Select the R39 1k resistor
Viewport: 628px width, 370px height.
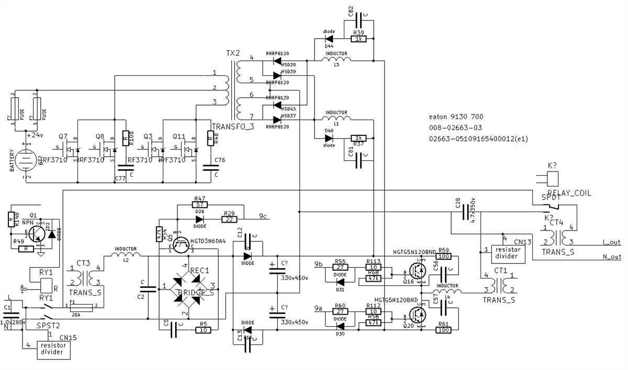359,39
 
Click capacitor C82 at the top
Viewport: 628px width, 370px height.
359,21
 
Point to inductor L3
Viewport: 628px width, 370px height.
336,61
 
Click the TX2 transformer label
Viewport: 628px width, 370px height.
233,54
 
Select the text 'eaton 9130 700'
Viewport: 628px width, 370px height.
456,117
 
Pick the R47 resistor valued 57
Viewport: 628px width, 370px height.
199,205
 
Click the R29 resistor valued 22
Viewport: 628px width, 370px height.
229,219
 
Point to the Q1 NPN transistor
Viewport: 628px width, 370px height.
37,233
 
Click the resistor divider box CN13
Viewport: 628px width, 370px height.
507,252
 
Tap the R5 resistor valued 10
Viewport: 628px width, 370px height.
204,330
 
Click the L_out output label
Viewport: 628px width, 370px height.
611,242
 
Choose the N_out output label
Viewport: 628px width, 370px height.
611,257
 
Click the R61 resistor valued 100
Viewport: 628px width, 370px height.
444,330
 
